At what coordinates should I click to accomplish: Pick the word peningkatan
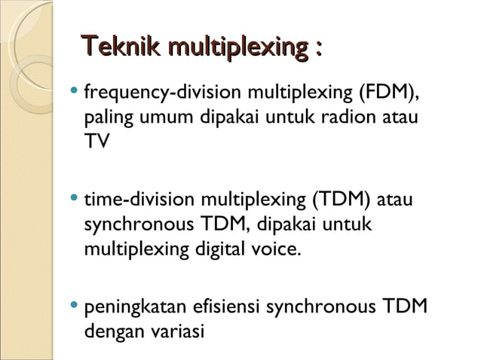pyautogui.click(x=137, y=307)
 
